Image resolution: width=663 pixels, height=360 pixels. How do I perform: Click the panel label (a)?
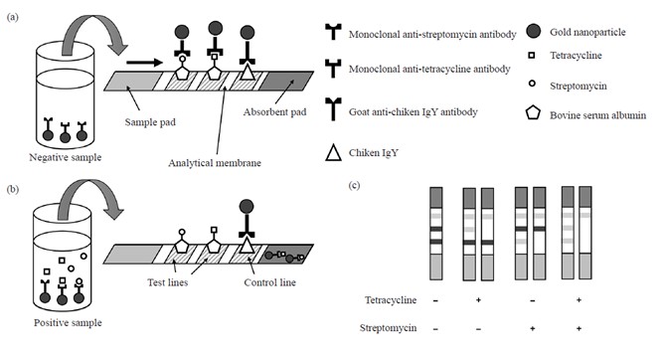pyautogui.click(x=13, y=17)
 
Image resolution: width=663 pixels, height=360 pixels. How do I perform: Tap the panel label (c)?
pyautogui.click(x=354, y=185)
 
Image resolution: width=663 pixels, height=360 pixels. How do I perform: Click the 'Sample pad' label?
pyautogui.click(x=150, y=122)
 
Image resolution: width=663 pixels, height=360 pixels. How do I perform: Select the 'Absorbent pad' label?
pyautogui.click(x=274, y=112)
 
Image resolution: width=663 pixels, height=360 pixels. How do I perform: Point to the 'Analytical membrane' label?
pyautogui.click(x=215, y=163)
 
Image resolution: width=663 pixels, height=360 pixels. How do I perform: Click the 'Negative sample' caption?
pyautogui.click(x=66, y=157)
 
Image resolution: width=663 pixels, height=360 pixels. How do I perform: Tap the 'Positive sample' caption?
pyautogui.click(x=68, y=323)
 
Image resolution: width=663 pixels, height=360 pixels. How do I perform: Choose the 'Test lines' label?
pyautogui.click(x=167, y=282)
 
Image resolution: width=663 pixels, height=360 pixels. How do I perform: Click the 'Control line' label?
pyautogui.click(x=269, y=282)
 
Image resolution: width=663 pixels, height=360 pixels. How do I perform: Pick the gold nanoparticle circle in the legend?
pyautogui.click(x=534, y=31)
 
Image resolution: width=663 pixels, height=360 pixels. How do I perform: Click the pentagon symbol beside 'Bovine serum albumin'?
pyautogui.click(x=533, y=113)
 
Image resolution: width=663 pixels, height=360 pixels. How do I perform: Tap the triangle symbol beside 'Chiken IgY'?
pyautogui.click(x=333, y=153)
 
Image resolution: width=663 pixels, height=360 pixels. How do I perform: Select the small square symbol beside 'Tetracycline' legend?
pyautogui.click(x=532, y=55)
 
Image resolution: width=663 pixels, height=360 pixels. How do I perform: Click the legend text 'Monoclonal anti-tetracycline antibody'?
pyautogui.click(x=429, y=69)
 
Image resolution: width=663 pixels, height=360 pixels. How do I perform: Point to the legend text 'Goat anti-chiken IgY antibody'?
pyautogui.click(x=414, y=112)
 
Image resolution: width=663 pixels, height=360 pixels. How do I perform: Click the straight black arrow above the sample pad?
pyautogui.click(x=144, y=63)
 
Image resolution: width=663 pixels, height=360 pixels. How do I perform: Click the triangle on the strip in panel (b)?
pyautogui.click(x=247, y=244)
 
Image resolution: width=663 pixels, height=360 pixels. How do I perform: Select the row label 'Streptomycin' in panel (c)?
pyautogui.click(x=389, y=328)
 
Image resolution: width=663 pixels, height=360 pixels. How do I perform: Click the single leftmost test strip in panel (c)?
pyautogui.click(x=436, y=234)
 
